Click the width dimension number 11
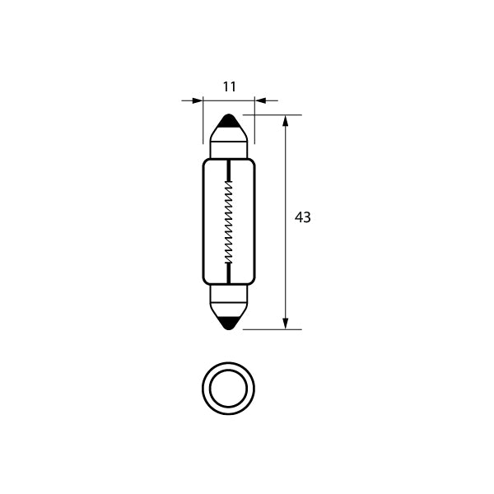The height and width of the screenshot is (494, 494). click(x=229, y=86)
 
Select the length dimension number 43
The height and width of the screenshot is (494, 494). click(x=302, y=217)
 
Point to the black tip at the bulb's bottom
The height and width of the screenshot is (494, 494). click(x=229, y=324)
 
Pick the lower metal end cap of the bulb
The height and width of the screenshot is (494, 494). click(x=229, y=296)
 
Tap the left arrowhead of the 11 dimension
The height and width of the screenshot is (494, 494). click(x=198, y=100)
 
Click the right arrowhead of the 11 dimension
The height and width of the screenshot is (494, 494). click(x=260, y=100)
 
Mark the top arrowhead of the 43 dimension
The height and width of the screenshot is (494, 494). click(x=286, y=122)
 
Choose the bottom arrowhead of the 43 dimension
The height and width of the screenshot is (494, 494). click(x=286, y=323)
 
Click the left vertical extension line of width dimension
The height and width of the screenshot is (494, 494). click(x=203, y=123)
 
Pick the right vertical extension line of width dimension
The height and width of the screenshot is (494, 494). click(x=254, y=123)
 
